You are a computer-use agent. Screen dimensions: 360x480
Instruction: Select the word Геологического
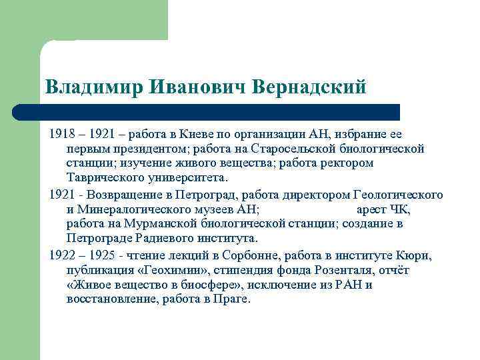[398, 195]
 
